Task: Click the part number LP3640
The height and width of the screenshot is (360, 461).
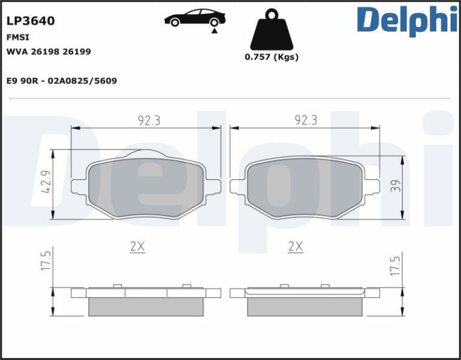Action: tap(31, 21)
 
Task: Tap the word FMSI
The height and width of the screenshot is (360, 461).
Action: tap(17, 37)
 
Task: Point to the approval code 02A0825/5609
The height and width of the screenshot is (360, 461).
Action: tap(82, 80)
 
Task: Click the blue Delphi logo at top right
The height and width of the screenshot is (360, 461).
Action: tap(407, 20)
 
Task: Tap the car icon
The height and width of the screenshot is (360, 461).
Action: tap(195, 17)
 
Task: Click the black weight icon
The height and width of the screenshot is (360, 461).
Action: tap(272, 29)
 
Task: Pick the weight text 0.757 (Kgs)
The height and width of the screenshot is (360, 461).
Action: tap(272, 57)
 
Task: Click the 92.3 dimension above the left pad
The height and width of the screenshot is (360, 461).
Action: tap(149, 121)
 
